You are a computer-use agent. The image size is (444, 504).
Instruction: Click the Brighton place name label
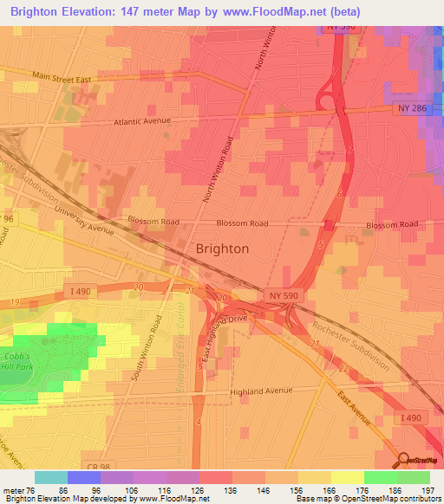coord(223,248)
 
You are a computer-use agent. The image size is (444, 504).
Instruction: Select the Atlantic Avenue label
coord(144,122)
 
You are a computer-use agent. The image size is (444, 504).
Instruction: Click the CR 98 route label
coord(99,467)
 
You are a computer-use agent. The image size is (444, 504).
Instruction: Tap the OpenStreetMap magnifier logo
coord(406,461)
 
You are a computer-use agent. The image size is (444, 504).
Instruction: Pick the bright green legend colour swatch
coord(381,477)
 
